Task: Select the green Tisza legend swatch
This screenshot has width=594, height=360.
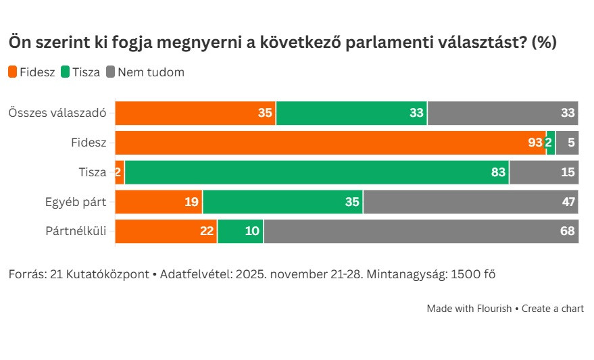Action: tap(66, 72)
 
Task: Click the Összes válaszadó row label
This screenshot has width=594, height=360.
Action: tap(57, 113)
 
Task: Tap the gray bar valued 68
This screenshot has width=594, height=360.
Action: tap(421, 231)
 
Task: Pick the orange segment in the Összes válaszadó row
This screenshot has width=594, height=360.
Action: tap(195, 113)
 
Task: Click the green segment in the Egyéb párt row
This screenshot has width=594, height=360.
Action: tap(282, 202)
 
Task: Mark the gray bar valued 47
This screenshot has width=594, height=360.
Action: tap(471, 202)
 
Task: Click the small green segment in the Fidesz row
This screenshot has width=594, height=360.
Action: tap(551, 143)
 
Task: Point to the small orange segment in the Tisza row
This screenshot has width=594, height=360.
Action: tap(120, 172)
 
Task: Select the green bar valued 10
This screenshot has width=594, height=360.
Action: tap(240, 231)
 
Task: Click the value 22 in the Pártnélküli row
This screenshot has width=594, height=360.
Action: tap(207, 231)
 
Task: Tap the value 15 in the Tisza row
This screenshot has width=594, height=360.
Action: tap(568, 172)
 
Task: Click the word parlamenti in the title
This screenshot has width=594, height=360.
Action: tap(394, 43)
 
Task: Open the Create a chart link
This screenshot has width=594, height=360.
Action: tap(553, 309)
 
